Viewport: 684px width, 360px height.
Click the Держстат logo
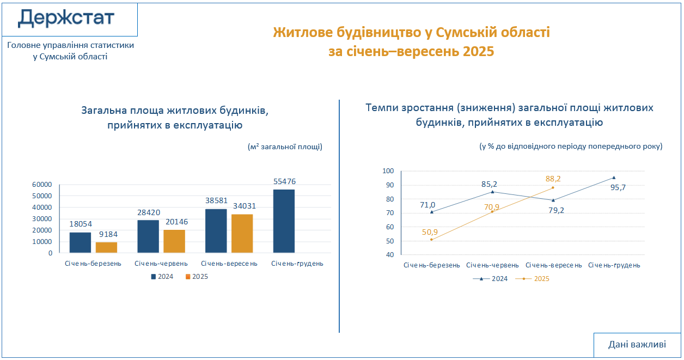click(x=66, y=19)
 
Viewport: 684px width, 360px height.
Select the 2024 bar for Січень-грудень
click(x=283, y=221)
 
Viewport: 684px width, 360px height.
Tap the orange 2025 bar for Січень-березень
click(x=107, y=247)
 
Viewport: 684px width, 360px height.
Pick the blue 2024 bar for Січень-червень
click(x=148, y=236)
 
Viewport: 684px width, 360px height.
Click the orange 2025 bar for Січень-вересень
click(x=242, y=233)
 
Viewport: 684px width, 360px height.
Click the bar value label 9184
click(x=107, y=235)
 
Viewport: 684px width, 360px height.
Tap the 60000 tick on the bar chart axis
click(x=42, y=185)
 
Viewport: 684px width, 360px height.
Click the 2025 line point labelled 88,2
click(x=553, y=187)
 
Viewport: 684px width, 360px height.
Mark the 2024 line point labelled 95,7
click(x=614, y=178)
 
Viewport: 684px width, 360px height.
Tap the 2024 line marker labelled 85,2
click(x=492, y=192)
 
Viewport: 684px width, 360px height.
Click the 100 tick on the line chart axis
click(x=388, y=171)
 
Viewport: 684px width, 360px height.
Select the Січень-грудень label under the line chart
click(x=614, y=265)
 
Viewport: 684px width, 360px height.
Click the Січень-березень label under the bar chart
click(x=93, y=264)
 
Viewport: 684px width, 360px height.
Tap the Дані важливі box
click(x=637, y=345)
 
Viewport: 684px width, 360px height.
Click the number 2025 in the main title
click(x=478, y=52)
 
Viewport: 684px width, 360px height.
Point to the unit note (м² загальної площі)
click(x=285, y=147)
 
